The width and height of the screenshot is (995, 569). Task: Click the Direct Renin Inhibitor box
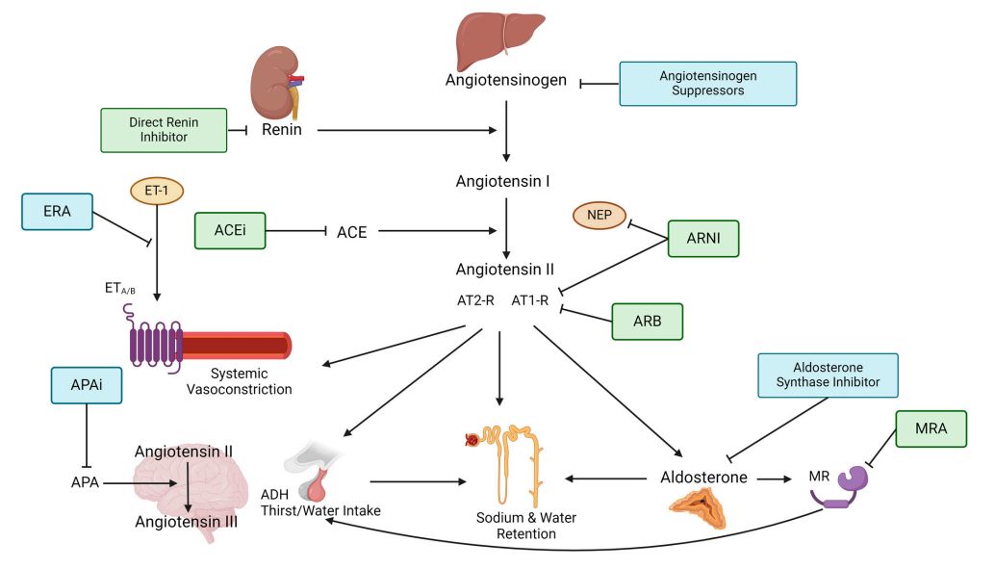coord(163,131)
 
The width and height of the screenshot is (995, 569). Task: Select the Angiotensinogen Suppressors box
coord(707,84)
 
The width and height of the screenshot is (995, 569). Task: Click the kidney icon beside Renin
coord(275,85)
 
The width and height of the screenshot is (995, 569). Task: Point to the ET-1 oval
coord(156,191)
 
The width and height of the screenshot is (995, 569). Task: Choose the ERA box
coord(56,211)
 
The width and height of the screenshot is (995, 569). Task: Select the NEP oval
coord(599,216)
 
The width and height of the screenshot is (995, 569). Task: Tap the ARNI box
coord(702,238)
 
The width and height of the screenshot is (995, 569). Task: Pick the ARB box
coord(647,322)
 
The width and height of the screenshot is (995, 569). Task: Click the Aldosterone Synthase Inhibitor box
coord(827,375)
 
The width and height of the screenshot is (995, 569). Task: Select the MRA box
coord(930,428)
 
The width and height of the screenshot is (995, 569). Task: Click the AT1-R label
coord(528,299)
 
